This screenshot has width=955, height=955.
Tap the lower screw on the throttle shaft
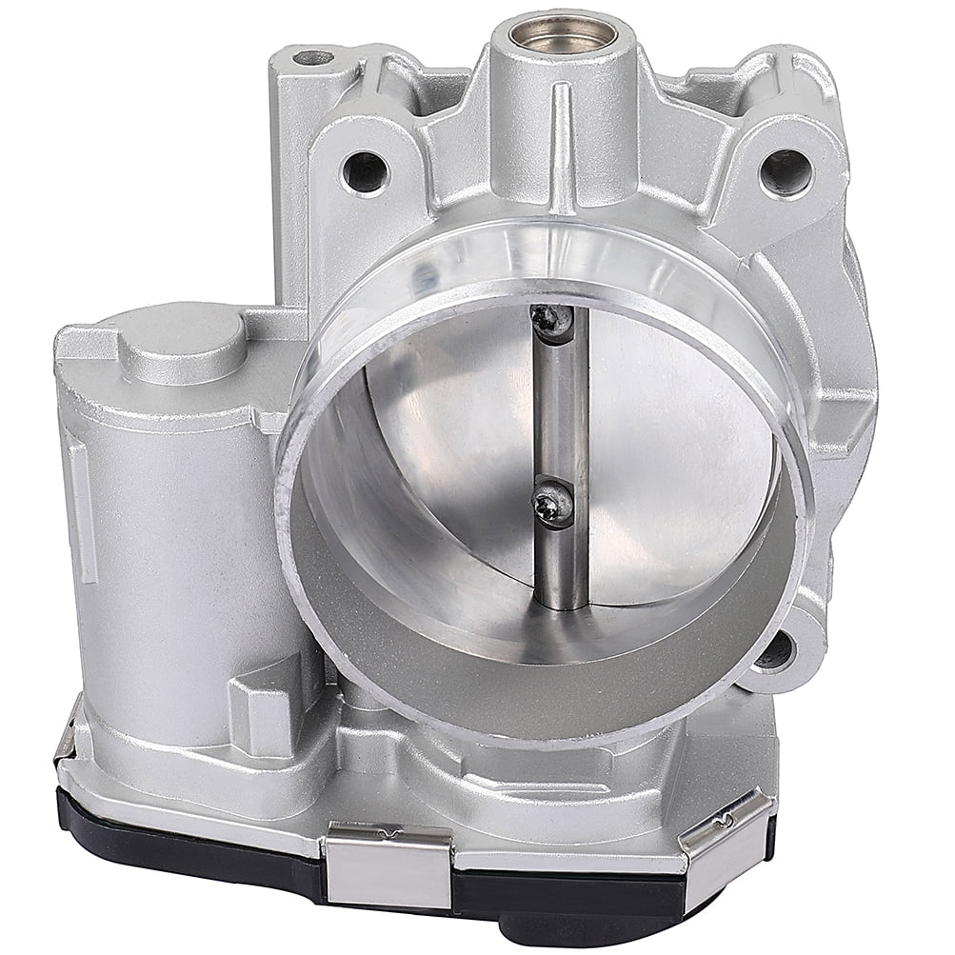553,502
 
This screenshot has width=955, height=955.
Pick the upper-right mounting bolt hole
786,172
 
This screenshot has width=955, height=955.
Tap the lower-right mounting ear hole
776,651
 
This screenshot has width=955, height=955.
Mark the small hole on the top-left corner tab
311,58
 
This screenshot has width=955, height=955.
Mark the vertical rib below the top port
562,143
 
